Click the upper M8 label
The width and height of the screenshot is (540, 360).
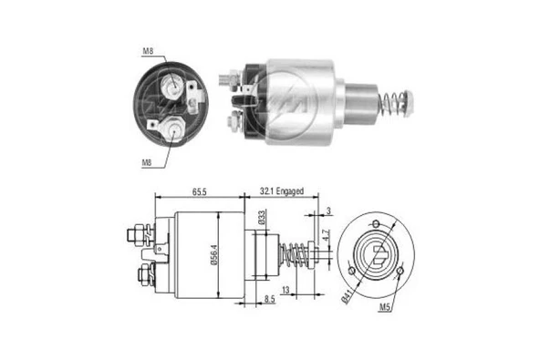[148, 52]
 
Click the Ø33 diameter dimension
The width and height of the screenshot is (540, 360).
[261, 218]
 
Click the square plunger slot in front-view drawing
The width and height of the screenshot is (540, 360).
[375, 252]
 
